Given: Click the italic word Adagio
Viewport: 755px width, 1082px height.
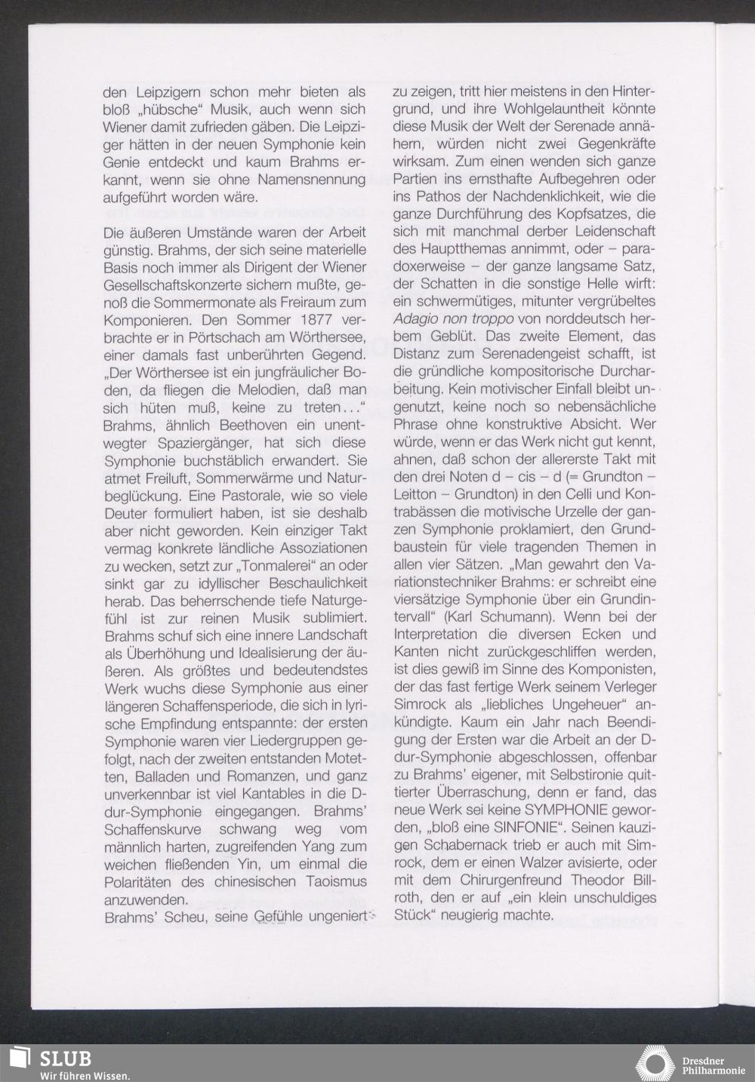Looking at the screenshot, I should [418, 319].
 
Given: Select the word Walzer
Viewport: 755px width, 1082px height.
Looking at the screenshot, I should [529, 862].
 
